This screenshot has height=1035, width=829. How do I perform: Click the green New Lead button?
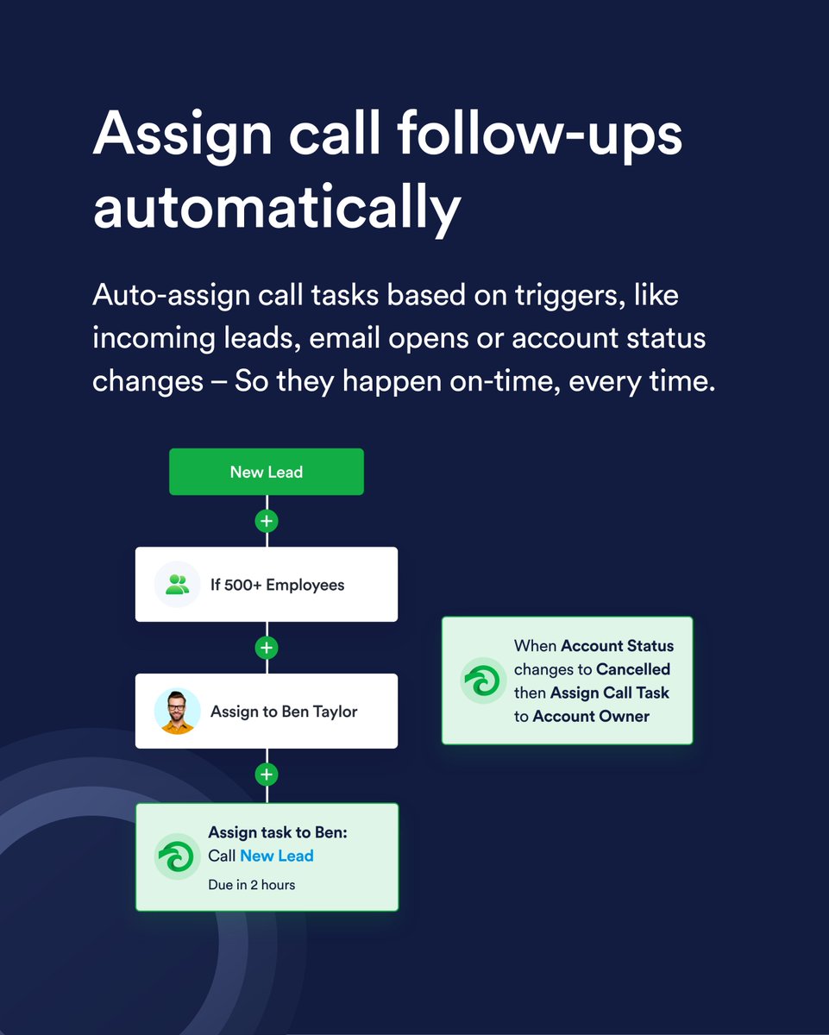point(266,472)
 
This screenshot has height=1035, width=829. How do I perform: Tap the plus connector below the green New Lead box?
point(267,521)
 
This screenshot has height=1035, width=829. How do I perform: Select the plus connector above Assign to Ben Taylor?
point(267,648)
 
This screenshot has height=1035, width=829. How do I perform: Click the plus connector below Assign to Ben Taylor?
point(267,775)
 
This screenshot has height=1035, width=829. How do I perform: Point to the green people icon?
point(177,585)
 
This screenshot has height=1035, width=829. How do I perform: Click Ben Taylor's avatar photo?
point(177,712)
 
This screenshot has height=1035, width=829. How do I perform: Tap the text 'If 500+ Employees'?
point(277,585)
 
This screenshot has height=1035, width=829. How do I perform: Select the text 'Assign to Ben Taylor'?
point(283,712)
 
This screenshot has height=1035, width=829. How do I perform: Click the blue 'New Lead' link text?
point(276,856)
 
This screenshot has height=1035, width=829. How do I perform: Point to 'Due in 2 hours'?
point(251,884)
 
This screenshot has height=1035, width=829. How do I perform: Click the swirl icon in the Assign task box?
point(177,856)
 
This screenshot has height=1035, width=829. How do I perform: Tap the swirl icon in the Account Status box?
point(483,681)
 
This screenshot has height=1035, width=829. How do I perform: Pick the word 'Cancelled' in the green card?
point(632,669)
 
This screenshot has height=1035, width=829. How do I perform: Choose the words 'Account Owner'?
point(591,716)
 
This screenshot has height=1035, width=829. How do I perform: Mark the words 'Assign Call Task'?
point(609,693)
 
